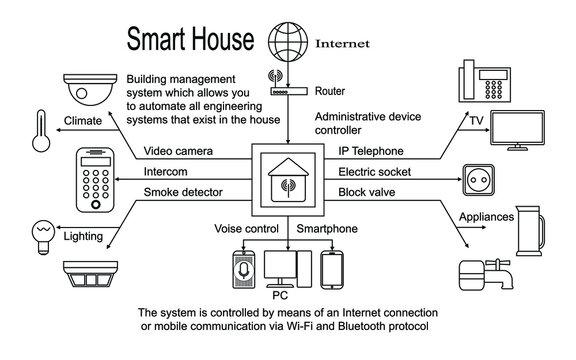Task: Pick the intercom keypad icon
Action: pos(102,181)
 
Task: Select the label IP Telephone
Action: pos(372,151)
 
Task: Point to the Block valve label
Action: pos(367,192)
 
